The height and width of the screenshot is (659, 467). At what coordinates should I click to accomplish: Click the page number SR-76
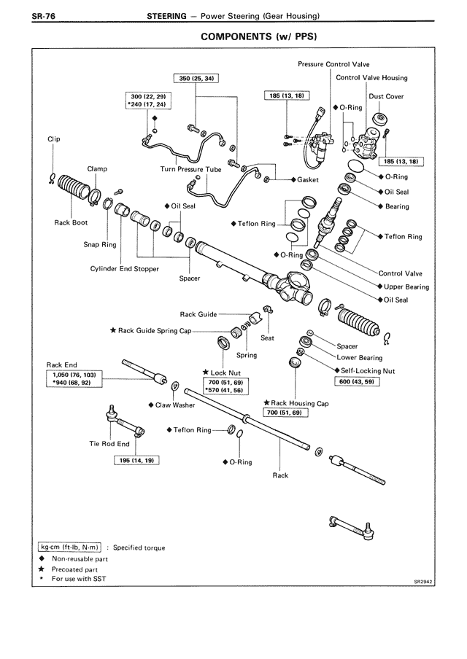click(25, 16)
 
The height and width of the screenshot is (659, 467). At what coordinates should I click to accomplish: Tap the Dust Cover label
click(387, 96)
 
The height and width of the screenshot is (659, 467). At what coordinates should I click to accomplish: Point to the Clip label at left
click(54, 139)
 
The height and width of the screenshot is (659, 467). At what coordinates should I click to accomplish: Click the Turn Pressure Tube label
click(190, 169)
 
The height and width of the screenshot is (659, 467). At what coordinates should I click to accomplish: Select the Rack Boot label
click(71, 223)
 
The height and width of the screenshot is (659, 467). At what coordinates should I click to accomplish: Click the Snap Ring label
click(100, 245)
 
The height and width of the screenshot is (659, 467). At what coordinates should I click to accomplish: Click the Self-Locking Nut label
click(368, 370)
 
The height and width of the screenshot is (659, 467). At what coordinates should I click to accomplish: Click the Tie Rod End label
click(109, 444)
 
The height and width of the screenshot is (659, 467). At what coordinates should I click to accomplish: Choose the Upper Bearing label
click(406, 286)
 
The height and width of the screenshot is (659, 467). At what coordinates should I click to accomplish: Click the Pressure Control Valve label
click(333, 64)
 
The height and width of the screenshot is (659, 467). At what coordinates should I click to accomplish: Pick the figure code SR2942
click(423, 582)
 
